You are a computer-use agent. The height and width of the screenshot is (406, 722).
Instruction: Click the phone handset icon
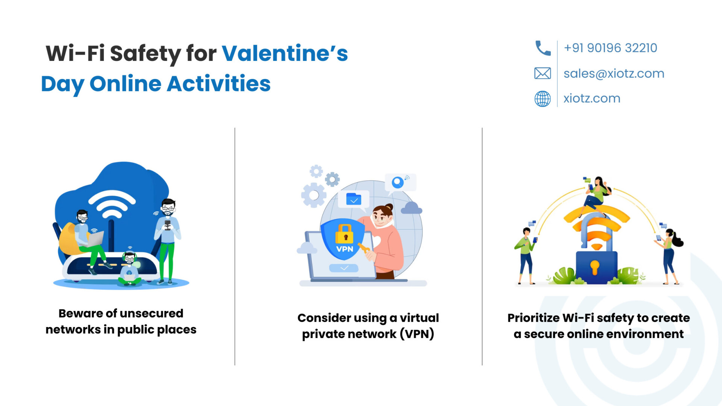coord(543,48)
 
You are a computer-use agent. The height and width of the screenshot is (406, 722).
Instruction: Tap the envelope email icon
coord(543,73)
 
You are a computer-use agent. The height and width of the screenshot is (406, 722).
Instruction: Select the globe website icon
coord(543,98)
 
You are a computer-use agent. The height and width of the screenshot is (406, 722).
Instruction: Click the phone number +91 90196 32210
coord(610,48)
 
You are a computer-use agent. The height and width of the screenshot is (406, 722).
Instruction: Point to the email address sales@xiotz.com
coord(614,73)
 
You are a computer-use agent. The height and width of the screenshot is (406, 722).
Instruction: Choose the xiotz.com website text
coord(592,98)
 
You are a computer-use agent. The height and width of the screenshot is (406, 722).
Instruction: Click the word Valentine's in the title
coord(285,53)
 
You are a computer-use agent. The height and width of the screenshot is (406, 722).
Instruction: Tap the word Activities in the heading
coord(218,83)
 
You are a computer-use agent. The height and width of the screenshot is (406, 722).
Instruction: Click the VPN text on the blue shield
coord(344,249)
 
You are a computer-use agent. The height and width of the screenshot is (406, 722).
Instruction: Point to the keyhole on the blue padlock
coord(595,267)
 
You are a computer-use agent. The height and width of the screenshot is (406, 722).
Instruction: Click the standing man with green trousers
coord(167,241)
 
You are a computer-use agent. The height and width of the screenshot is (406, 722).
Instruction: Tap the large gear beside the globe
coord(313,195)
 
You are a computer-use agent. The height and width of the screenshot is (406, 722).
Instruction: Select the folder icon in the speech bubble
coord(353,199)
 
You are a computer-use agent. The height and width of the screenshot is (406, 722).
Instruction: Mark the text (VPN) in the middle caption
coord(417,334)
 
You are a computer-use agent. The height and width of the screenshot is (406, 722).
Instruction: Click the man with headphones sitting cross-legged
coord(129,268)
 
